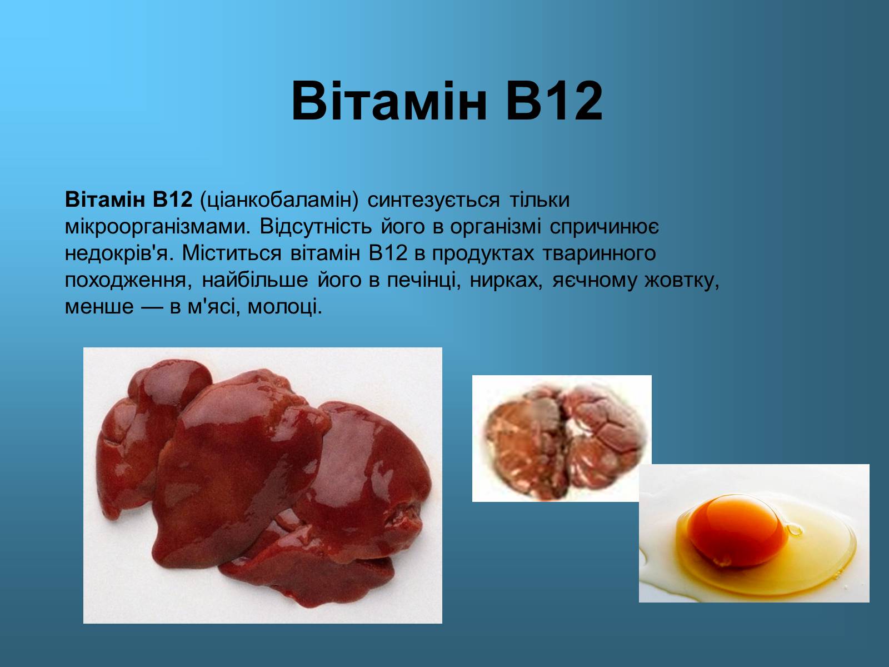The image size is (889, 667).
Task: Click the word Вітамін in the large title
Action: tap(389, 101)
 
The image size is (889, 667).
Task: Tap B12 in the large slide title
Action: tap(555, 101)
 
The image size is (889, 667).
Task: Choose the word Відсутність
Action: tap(316, 226)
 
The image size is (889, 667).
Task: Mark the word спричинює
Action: tap(605, 227)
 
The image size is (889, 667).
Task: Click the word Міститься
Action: tap(232, 253)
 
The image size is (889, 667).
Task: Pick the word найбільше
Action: tap(254, 280)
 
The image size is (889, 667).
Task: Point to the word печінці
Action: tap(424, 280)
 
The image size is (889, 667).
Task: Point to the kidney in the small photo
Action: tap(565, 441)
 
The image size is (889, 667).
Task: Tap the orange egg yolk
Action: tap(737, 530)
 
